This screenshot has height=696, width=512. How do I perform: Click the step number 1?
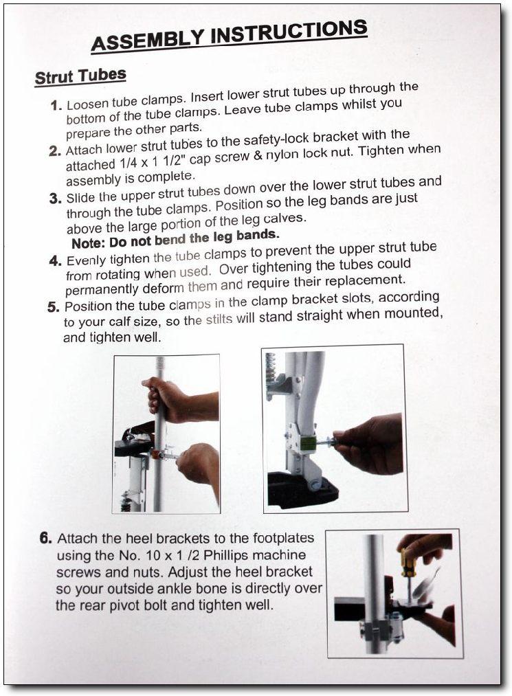(56, 106)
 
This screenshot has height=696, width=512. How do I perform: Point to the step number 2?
(55, 151)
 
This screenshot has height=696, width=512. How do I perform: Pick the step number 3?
(56, 198)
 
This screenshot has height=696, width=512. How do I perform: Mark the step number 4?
(55, 260)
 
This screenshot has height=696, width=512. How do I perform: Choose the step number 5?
(54, 307)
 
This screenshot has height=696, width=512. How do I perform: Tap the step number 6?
(46, 539)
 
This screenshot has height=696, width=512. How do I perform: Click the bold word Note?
(89, 243)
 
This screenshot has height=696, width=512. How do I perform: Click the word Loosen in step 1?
(87, 104)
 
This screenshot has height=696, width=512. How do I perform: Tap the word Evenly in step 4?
(87, 260)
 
